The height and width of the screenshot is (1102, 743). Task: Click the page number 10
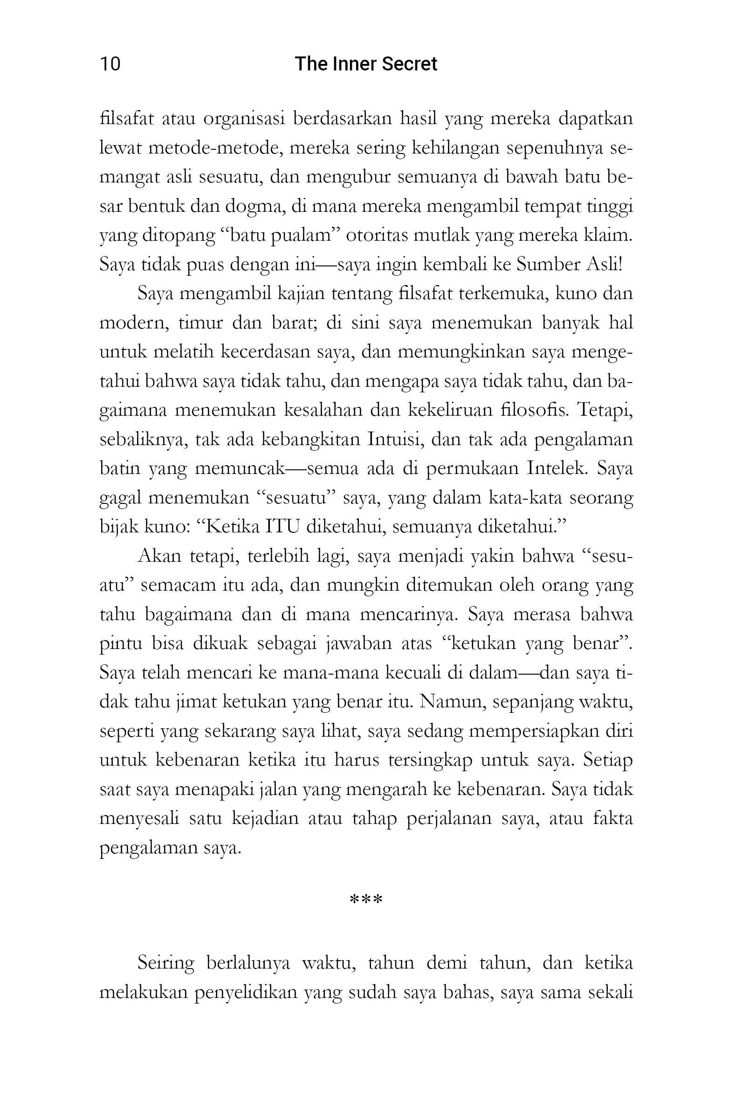[110, 64]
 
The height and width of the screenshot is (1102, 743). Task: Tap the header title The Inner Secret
[365, 64]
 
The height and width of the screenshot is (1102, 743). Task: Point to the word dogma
[254, 207]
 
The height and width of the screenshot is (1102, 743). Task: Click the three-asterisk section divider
[365, 900]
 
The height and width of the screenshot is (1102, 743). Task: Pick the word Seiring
[165, 963]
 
